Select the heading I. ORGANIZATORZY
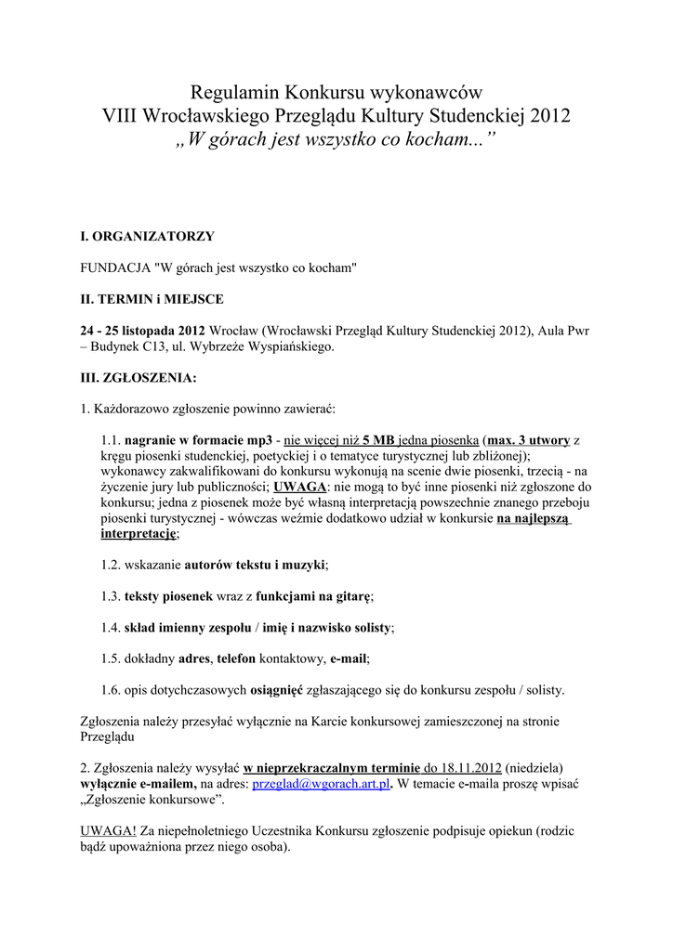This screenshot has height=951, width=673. pyautogui.click(x=148, y=237)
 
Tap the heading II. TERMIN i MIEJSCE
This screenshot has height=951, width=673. pyautogui.click(x=152, y=299)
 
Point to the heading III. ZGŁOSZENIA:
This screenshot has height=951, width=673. pyautogui.click(x=139, y=378)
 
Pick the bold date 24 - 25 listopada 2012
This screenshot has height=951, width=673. pyautogui.click(x=143, y=331)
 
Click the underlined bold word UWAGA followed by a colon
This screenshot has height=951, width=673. pyautogui.click(x=299, y=487)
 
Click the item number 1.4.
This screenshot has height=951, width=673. pyautogui.click(x=111, y=628)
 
